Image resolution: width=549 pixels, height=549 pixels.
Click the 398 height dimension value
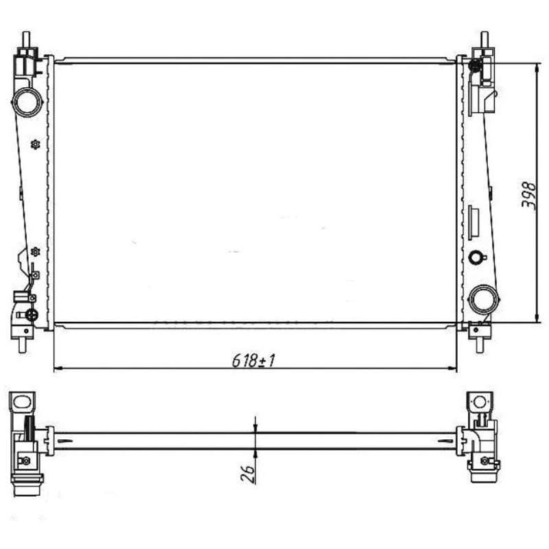[528, 195]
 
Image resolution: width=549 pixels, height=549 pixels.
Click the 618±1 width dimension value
[253, 361]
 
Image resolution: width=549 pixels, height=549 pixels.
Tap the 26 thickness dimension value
[248, 474]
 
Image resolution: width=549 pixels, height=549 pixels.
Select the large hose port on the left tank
[27, 102]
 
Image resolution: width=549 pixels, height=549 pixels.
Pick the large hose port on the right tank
[484, 299]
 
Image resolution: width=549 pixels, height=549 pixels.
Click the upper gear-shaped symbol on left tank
[35, 144]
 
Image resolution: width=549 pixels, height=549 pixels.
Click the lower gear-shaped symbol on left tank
[35, 251]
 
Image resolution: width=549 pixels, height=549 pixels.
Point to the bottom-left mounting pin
[23, 345]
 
